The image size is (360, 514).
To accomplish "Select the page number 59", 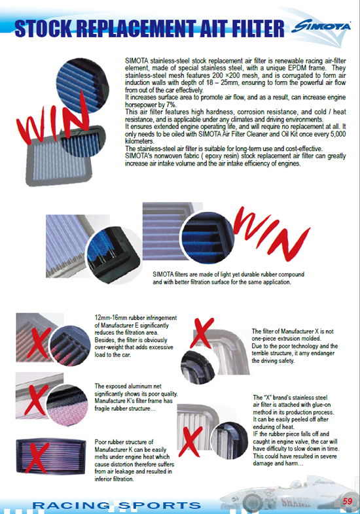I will tap(348, 501).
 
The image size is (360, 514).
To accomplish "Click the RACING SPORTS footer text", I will tap(118, 505).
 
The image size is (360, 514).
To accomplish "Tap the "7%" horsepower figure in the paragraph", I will tap(171, 104).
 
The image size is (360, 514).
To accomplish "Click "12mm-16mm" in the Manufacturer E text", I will tap(110, 315).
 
